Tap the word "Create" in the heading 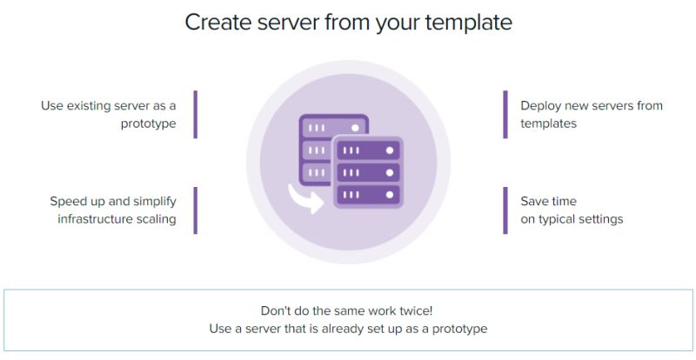click(217, 23)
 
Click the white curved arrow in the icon click(306, 199)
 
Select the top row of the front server click(368, 150)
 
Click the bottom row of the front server click(368, 195)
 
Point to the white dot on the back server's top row click(355, 128)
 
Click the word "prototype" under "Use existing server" click(148, 123)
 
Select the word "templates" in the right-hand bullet click(549, 123)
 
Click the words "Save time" click(549, 201)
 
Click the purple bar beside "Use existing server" click(195, 115)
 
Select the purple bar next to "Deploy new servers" click(505, 115)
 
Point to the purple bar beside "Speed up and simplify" click(195, 210)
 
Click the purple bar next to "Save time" click(505, 210)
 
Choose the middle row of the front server click(368, 173)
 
